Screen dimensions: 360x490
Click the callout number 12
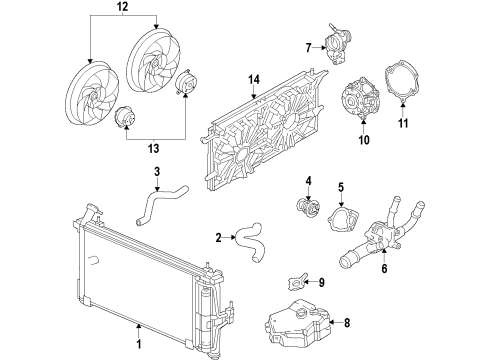tap(124, 8)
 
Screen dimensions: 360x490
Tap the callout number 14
tap(254, 80)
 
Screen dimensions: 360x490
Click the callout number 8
tap(347, 322)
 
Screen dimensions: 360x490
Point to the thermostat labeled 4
tap(301, 208)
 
